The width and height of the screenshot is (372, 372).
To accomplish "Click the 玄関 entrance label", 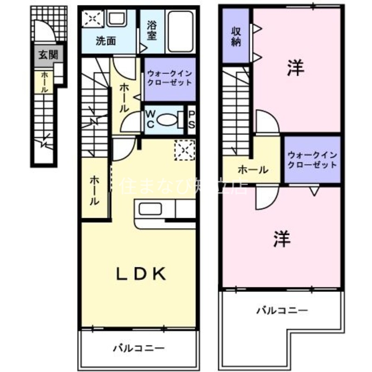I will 47,55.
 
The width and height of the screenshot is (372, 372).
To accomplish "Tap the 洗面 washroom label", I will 106,41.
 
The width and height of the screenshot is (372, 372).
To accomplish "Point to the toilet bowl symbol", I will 167,120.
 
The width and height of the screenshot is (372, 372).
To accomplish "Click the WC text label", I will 151,120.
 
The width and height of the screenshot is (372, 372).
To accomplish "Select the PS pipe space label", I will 191,120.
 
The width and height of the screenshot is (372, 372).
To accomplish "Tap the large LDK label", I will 141,274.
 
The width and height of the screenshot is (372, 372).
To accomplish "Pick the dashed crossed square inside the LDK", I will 183,150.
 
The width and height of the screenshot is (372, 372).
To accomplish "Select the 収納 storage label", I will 236,36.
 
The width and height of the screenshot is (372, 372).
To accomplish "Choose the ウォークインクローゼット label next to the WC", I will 169,78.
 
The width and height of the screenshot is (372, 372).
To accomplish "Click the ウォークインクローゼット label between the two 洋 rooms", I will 312,159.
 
